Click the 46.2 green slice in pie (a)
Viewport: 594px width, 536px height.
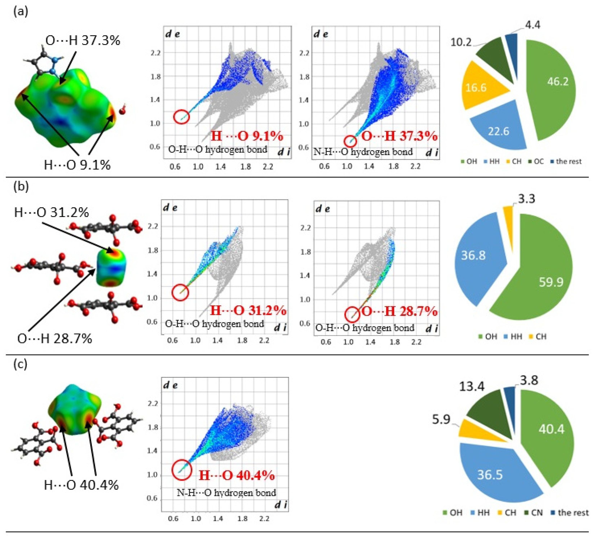click(x=554, y=85)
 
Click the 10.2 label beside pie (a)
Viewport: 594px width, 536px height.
click(x=461, y=42)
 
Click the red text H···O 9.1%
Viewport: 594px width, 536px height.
click(x=247, y=136)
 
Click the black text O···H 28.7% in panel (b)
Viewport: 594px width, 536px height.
click(x=54, y=339)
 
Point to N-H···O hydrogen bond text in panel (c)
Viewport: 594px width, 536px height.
click(x=226, y=493)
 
